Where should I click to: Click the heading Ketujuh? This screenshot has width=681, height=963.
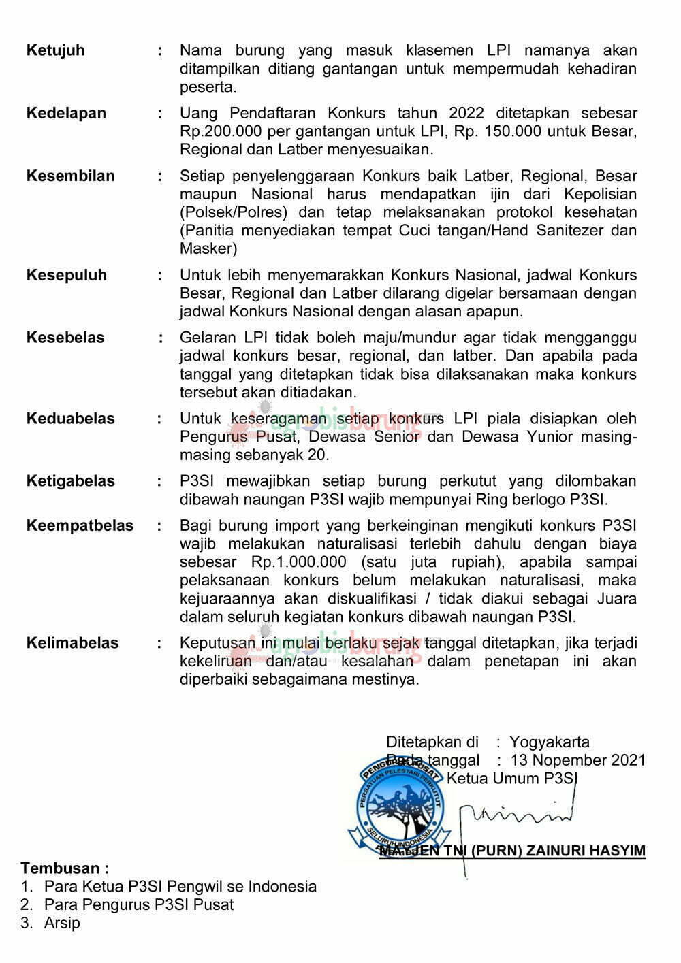pyautogui.click(x=55, y=50)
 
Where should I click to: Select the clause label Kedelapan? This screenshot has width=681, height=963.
pyautogui.click(x=66, y=113)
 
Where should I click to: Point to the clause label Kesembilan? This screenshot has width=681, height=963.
pyautogui.click(x=70, y=176)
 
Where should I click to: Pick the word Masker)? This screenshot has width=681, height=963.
pyautogui.click(x=208, y=248)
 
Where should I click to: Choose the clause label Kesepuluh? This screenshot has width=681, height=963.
pyautogui.click(x=66, y=275)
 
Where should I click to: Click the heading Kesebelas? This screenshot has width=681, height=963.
pyautogui.click(x=65, y=338)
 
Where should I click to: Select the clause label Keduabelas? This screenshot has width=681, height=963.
pyautogui.click(x=70, y=419)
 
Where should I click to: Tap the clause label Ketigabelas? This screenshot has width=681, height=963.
pyautogui.click(x=70, y=481)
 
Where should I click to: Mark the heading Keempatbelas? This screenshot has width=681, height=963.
pyautogui.click(x=80, y=525)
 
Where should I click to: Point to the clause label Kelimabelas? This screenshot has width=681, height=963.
pyautogui.click(x=72, y=643)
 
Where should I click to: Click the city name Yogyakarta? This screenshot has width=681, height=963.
pyautogui.click(x=550, y=742)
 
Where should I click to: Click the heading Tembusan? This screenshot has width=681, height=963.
pyautogui.click(x=65, y=868)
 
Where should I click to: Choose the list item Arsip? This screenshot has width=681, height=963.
pyautogui.click(x=62, y=924)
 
